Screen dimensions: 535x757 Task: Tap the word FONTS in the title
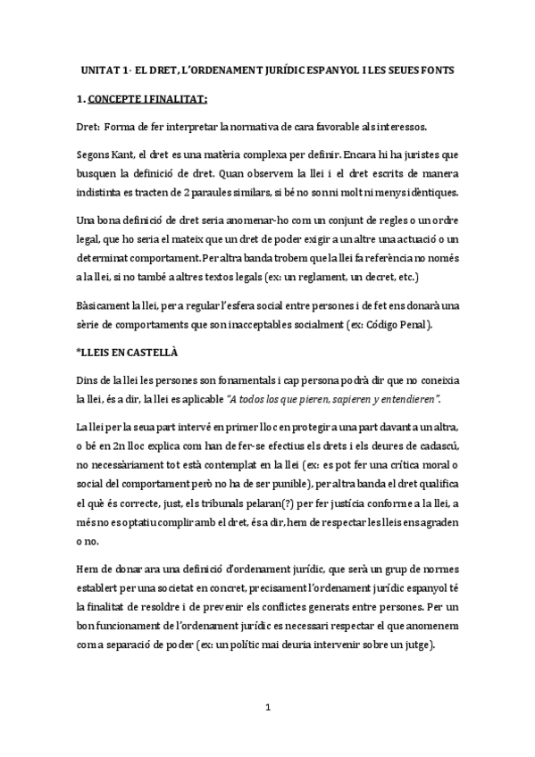click(x=439, y=70)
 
